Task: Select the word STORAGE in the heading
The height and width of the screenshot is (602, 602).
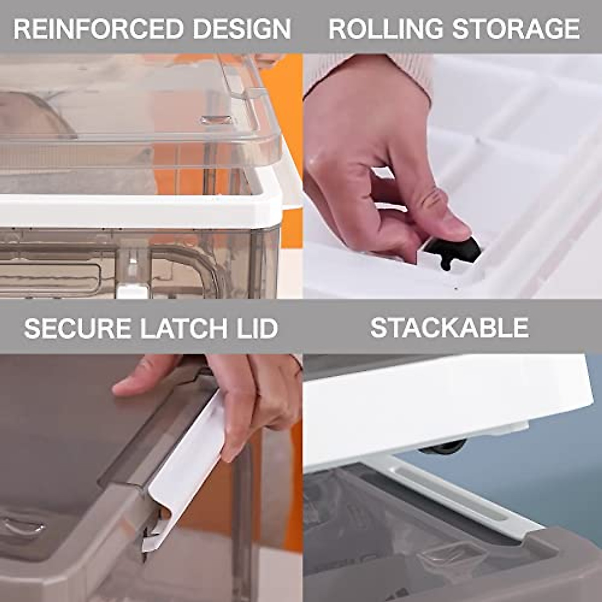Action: (x=516, y=29)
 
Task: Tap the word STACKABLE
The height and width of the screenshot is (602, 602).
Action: (x=449, y=328)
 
